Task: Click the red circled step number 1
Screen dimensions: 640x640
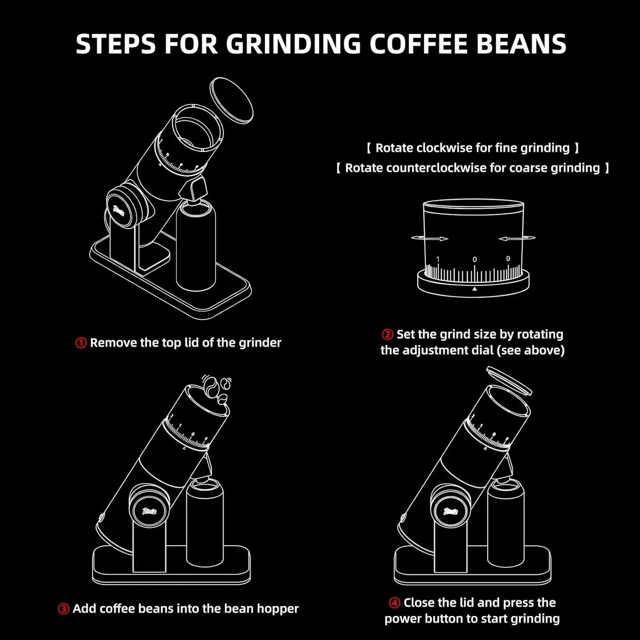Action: pyautogui.click(x=81, y=343)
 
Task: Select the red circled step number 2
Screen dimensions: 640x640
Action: pyautogui.click(x=388, y=334)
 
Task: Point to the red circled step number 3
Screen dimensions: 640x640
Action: pyautogui.click(x=63, y=609)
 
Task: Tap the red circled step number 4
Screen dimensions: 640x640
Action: pyautogui.click(x=395, y=603)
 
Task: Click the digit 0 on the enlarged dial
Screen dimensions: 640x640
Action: pyautogui.click(x=475, y=260)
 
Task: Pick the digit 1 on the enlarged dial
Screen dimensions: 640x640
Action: pyautogui.click(x=438, y=259)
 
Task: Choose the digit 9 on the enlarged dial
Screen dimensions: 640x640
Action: pyautogui.click(x=508, y=259)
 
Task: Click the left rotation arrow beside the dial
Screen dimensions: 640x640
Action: pyautogui.click(x=430, y=239)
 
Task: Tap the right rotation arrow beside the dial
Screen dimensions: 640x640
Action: pyautogui.click(x=517, y=239)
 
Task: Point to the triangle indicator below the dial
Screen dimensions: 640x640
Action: pyautogui.click(x=474, y=289)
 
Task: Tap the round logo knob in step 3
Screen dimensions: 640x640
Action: pyautogui.click(x=148, y=511)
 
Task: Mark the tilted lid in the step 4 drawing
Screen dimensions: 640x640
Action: pyautogui.click(x=508, y=381)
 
